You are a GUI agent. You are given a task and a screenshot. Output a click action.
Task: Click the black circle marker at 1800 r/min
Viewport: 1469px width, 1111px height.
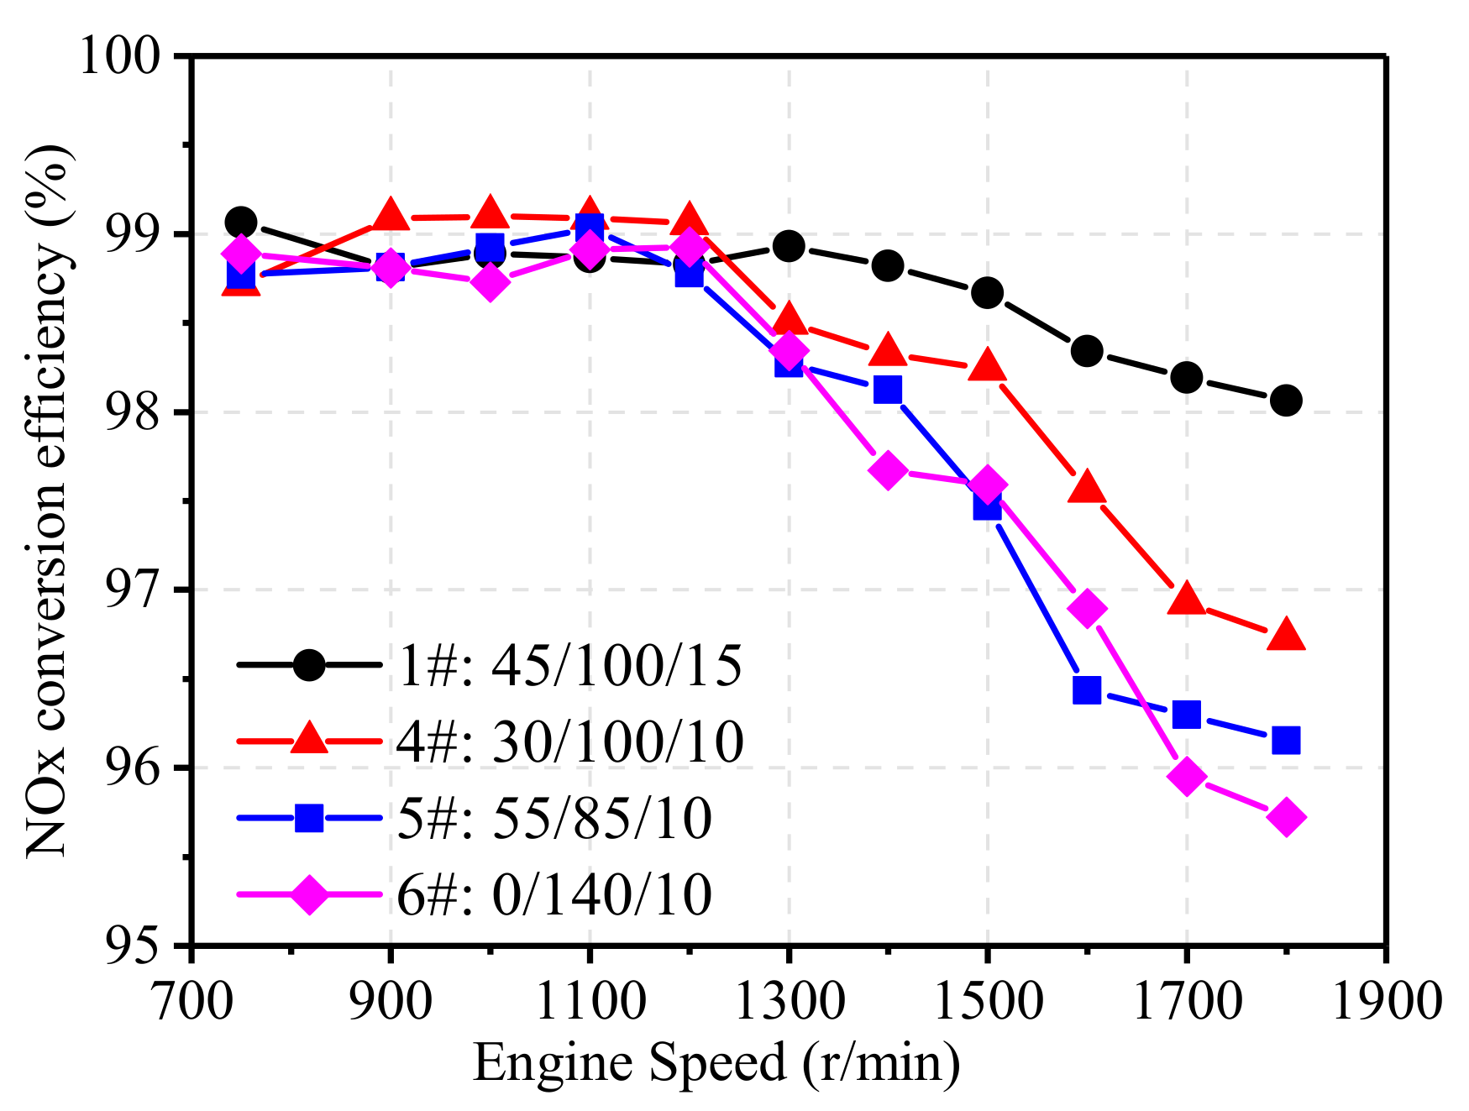1286,401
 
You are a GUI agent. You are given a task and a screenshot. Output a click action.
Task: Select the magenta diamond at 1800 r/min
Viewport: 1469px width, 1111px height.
1286,817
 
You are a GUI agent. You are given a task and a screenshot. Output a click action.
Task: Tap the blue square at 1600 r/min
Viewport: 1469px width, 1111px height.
1087,690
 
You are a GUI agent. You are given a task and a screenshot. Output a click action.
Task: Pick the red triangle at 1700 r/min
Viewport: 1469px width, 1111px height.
1187,600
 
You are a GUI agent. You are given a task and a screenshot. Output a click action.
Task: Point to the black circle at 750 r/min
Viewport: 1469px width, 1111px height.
241,222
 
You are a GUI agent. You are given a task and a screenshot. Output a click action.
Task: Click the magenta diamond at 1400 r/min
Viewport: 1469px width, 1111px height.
888,471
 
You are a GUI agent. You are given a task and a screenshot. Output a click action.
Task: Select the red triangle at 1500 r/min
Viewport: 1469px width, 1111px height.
987,367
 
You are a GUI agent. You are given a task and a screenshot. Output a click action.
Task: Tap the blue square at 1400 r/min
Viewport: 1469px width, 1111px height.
888,390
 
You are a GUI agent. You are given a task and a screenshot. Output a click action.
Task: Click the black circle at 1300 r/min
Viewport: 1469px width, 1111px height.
789,246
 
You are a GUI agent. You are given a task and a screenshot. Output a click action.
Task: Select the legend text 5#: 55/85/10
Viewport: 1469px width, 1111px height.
555,818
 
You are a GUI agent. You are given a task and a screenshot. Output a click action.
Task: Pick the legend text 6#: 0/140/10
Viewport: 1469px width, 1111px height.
555,894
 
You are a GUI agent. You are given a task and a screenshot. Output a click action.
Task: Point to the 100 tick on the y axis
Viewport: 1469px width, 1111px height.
118,57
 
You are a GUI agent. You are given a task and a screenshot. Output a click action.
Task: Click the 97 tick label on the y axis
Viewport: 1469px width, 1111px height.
134,590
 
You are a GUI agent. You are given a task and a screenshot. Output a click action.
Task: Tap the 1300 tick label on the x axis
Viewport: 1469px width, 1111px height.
789,1001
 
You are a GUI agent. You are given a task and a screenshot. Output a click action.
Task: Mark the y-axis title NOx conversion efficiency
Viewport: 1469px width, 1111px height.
48,500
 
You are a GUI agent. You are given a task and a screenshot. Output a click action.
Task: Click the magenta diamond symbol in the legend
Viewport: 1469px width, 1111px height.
309,894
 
